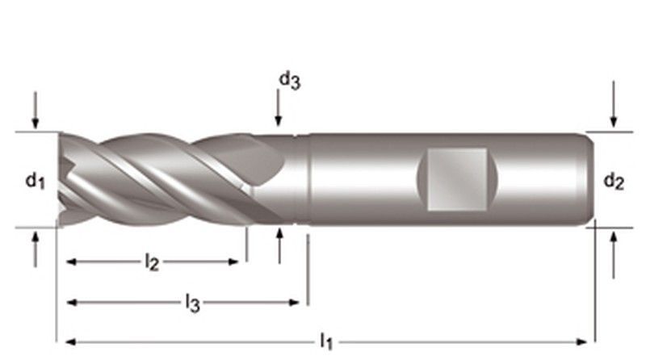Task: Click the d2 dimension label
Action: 614,183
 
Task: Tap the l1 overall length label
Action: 326,341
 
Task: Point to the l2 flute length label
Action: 151,262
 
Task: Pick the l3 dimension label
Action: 191,303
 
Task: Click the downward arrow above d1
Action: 36,113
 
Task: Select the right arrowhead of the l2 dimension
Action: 233,262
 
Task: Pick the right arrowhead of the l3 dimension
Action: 295,303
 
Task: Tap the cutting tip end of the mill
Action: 63,179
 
